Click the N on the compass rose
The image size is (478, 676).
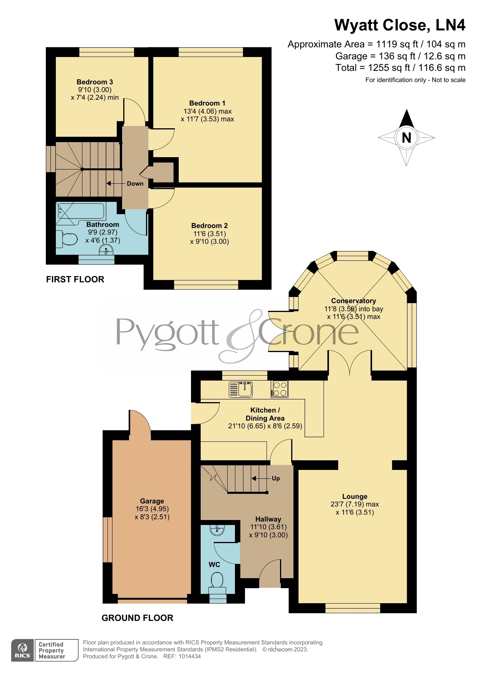click(406, 138)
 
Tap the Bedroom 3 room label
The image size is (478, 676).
click(95, 82)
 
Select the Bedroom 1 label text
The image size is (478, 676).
click(207, 103)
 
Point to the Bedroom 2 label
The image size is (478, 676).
click(210, 226)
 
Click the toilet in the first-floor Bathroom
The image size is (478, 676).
click(66, 238)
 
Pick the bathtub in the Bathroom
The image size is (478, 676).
click(80, 213)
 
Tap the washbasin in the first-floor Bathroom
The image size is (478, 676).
click(106, 251)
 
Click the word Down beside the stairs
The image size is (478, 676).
click(135, 184)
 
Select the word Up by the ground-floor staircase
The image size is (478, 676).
click(276, 478)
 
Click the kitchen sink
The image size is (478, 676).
click(240, 389)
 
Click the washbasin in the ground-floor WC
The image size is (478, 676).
click(218, 530)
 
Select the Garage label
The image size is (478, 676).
click(152, 501)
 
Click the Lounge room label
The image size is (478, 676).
click(355, 497)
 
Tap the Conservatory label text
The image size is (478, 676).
click(354, 301)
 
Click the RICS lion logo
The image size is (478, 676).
click(23, 651)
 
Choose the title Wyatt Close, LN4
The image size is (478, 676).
click(400, 25)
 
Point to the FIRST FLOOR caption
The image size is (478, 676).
click(75, 279)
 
